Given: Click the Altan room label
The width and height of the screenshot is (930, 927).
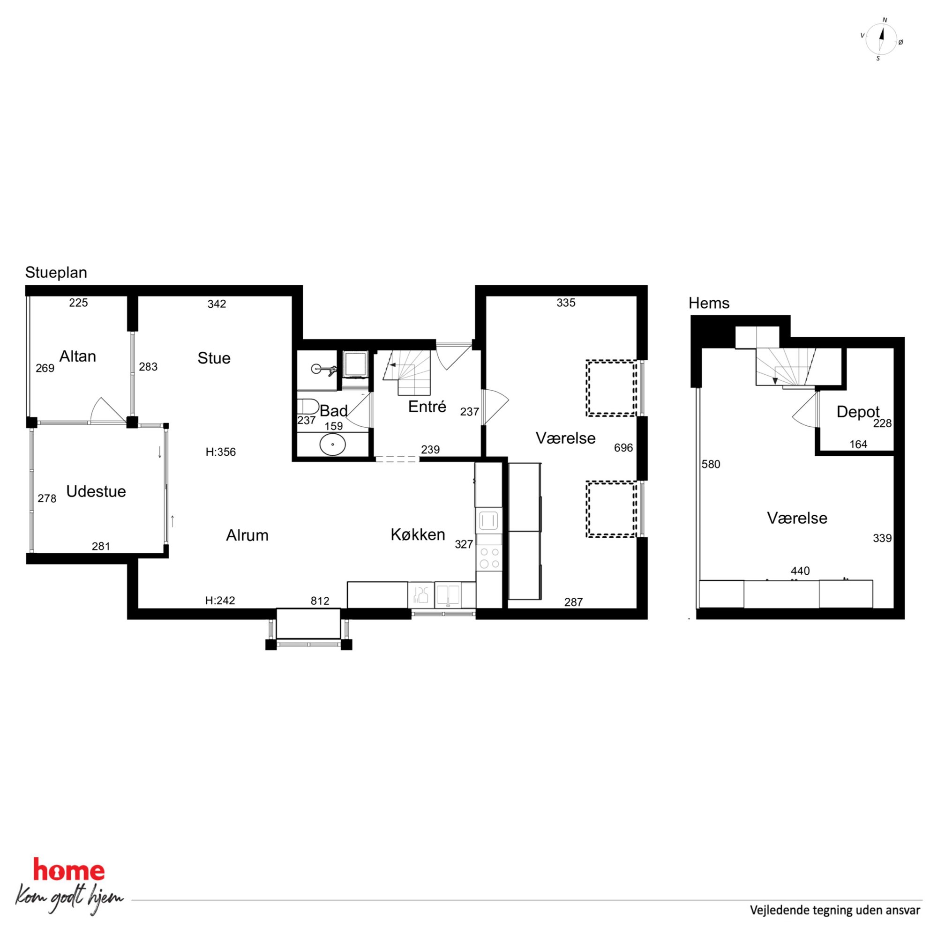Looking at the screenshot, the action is (77, 356).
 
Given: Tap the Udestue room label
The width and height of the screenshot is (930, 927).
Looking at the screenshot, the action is (96, 492).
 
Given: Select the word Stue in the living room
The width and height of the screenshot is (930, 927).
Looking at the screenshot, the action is (214, 358).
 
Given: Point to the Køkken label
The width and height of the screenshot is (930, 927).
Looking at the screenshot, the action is (418, 535).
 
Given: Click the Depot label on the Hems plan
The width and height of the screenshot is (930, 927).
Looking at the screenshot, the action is (858, 412).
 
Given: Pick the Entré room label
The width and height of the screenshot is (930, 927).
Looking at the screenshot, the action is (427, 407).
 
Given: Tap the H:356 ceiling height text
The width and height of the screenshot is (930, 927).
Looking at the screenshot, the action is (220, 452).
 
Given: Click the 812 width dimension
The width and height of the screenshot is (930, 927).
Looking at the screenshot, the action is (320, 601).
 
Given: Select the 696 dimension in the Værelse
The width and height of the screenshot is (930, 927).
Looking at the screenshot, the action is (623, 448).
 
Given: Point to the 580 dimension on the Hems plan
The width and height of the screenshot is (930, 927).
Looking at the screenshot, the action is (711, 464).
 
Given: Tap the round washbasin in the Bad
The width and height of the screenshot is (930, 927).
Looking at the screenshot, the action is (333, 445).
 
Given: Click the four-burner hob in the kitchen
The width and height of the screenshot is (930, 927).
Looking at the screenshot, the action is (489, 558).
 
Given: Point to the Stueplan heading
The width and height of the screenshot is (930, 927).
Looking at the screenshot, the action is (56, 273).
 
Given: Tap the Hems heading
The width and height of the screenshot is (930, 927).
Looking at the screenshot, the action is (709, 303).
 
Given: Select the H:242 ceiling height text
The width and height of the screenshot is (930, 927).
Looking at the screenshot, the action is (220, 601).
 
